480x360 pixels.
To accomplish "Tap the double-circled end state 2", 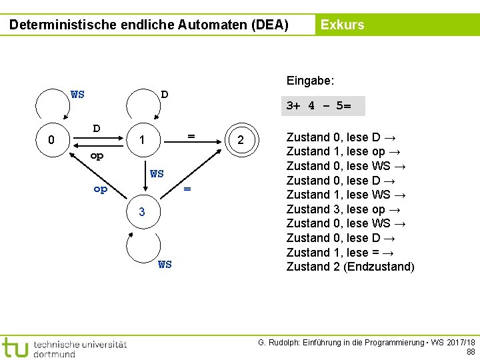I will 241,140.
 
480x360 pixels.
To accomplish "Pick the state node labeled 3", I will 141,212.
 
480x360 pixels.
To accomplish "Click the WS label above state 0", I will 77,94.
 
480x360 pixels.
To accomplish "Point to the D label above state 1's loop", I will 165,94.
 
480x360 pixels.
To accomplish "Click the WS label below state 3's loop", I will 165,265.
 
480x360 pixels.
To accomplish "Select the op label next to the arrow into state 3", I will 100,189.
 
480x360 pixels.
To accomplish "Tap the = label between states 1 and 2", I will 191,135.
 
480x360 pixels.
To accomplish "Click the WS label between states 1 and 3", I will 157,174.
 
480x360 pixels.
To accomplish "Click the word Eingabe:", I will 310,81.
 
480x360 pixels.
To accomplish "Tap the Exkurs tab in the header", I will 342,25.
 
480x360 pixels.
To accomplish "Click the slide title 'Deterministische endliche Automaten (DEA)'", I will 149,25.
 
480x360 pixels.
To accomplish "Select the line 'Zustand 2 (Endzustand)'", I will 350,267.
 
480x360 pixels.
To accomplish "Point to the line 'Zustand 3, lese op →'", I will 344,209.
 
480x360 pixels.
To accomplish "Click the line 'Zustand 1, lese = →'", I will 342,252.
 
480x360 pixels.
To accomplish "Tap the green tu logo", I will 14,347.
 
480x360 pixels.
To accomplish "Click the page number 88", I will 471,351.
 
